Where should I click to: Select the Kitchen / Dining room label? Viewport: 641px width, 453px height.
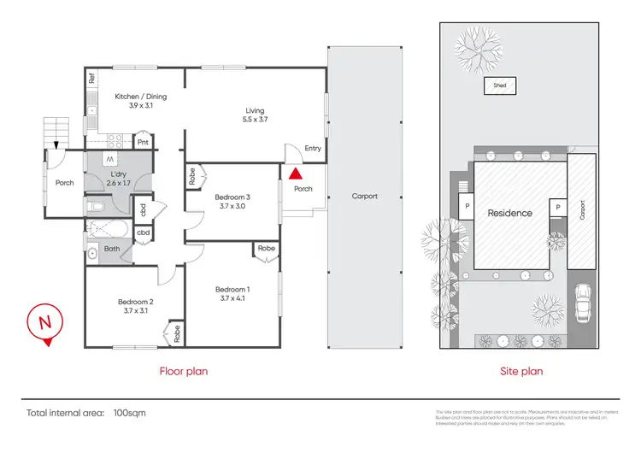coord(140,102)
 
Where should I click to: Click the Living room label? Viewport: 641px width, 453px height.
coord(255,115)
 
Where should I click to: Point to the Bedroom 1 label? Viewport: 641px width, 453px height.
coord(232,292)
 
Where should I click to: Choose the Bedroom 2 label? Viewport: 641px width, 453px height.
coord(136,306)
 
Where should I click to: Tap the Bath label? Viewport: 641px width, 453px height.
coord(111,249)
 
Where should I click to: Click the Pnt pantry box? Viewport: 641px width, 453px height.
coord(143,143)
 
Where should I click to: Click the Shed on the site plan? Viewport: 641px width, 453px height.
coord(499,85)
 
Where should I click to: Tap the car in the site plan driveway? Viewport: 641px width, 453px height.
coord(584,303)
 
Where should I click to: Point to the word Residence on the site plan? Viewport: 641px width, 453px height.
coord(509,213)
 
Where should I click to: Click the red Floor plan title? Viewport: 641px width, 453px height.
coord(184,372)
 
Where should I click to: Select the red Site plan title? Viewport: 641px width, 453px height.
coord(521,372)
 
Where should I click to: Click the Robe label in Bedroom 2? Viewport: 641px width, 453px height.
coord(176,332)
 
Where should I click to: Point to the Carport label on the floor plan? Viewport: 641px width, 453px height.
coord(364,197)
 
